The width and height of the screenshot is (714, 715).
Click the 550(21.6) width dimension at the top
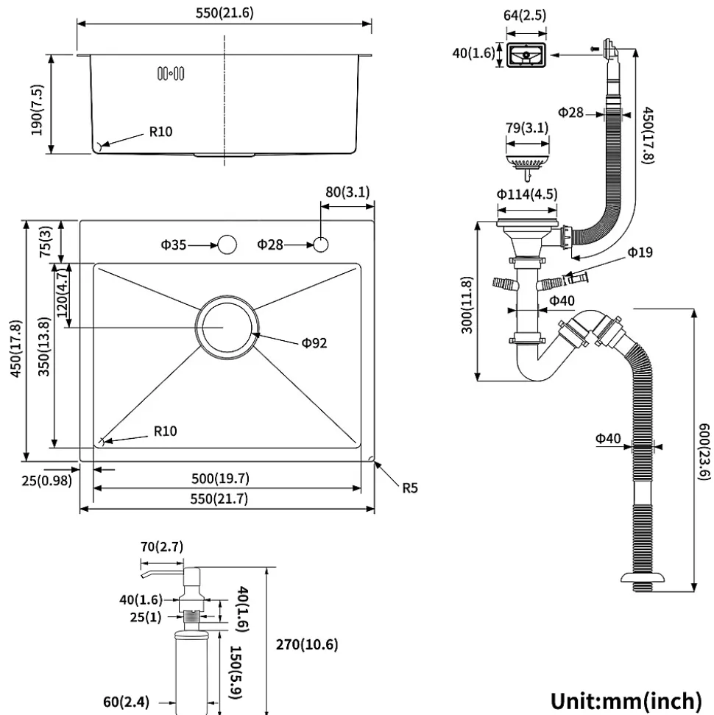225,13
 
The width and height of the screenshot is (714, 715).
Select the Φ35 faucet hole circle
227,244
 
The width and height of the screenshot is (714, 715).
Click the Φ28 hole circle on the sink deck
321,244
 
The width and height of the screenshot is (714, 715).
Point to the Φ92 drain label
314,342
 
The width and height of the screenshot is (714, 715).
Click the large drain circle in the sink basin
227,328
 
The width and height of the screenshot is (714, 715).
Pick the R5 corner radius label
410,487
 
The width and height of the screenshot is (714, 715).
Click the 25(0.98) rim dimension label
40,480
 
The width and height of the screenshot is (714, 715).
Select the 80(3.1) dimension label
347,193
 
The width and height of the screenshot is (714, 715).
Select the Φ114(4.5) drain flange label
526,194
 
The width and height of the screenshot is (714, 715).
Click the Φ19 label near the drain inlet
640,253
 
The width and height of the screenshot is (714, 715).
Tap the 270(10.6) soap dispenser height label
307,646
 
